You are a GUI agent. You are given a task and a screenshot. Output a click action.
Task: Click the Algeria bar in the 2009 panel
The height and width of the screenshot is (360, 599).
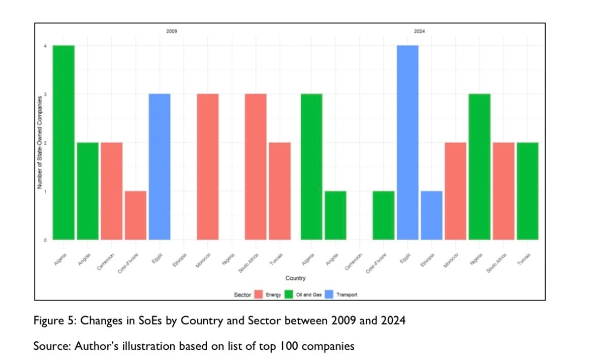tap(64, 142)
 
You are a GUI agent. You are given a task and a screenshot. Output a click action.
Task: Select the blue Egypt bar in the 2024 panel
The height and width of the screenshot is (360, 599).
tap(407, 142)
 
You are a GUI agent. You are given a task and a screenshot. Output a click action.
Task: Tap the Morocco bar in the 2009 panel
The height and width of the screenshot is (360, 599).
tap(208, 167)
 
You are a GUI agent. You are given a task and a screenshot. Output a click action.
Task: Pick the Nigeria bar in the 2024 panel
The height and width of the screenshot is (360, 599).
tap(479, 167)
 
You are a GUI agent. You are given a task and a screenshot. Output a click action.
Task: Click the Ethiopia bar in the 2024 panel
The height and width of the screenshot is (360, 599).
tap(431, 215)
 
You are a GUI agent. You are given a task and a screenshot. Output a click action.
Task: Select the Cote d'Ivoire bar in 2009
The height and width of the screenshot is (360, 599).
tap(136, 215)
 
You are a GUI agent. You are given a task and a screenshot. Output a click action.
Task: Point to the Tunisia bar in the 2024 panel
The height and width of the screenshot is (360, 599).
tap(527, 191)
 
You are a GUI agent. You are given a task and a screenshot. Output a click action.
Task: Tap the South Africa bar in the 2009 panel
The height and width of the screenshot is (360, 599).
tap(256, 167)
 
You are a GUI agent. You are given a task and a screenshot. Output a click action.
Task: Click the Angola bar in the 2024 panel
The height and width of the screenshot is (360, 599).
tap(335, 215)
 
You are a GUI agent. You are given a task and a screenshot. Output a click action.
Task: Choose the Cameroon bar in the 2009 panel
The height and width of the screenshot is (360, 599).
tap(112, 191)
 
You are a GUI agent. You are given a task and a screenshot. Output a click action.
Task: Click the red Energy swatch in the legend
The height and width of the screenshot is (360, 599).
tap(258, 294)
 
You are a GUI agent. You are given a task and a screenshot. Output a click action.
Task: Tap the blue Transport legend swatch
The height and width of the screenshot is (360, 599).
tap(329, 294)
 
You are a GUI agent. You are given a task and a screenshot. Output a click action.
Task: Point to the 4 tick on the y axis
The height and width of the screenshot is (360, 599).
tap(45, 46)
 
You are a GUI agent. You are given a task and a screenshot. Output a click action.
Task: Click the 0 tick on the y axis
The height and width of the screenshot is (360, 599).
tap(45, 240)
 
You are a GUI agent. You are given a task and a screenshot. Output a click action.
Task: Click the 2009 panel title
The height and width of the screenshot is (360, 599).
tap(172, 31)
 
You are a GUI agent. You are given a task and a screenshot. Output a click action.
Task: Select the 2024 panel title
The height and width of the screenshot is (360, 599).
tap(419, 31)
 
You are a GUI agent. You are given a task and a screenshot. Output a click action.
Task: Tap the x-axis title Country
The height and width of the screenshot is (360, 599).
tap(295, 278)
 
